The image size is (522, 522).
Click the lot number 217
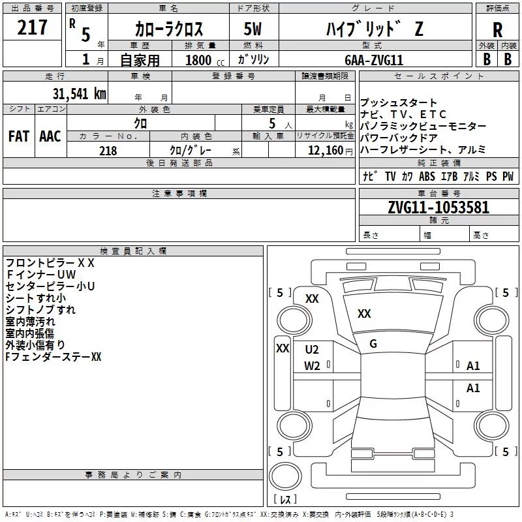coord(32,27)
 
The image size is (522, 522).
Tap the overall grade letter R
coord(497,30)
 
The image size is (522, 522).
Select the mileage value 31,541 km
coord(79,94)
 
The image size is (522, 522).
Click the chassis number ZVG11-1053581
coord(438,207)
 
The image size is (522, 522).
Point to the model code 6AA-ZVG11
coord(374,60)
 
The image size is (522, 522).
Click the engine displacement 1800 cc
coord(205,60)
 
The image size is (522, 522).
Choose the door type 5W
coord(253,29)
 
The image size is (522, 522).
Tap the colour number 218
coord(108,151)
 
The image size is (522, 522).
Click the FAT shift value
coord(19,136)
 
